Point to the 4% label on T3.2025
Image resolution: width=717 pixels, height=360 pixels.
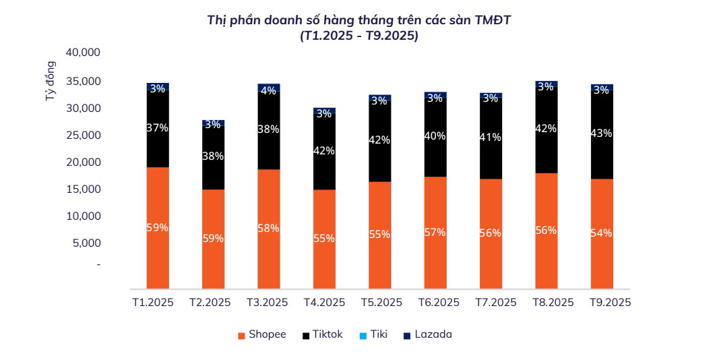click(268, 90)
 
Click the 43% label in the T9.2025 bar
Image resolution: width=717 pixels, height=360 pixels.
click(602, 133)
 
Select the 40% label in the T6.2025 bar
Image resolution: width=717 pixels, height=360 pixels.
click(435, 136)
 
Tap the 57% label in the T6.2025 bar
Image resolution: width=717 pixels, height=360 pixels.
click(435, 233)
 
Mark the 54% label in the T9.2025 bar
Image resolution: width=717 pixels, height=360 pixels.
click(602, 233)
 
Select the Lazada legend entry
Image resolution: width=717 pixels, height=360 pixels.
click(427, 334)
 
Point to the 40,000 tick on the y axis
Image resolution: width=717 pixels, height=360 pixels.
click(83, 53)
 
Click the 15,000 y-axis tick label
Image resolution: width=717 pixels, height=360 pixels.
click(83, 189)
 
